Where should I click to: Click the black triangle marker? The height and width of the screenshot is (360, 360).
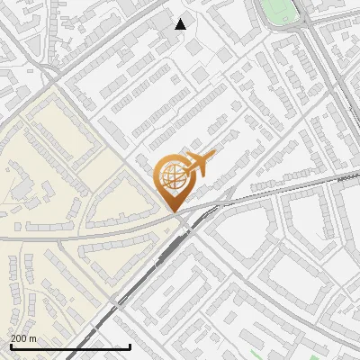pyautogui.click(x=181, y=24)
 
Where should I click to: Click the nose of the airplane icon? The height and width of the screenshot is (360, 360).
pyautogui.click(x=213, y=153)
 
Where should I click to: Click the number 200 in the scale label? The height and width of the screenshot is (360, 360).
pyautogui.click(x=18, y=338)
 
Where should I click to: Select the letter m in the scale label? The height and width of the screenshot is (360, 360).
pyautogui.click(x=33, y=338)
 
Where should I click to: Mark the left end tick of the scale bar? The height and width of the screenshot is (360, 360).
pyautogui.click(x=10, y=346)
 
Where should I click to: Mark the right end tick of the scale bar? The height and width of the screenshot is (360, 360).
pyautogui.click(x=130, y=346)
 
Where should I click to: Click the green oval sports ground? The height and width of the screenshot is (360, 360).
pyautogui.click(x=278, y=11)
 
